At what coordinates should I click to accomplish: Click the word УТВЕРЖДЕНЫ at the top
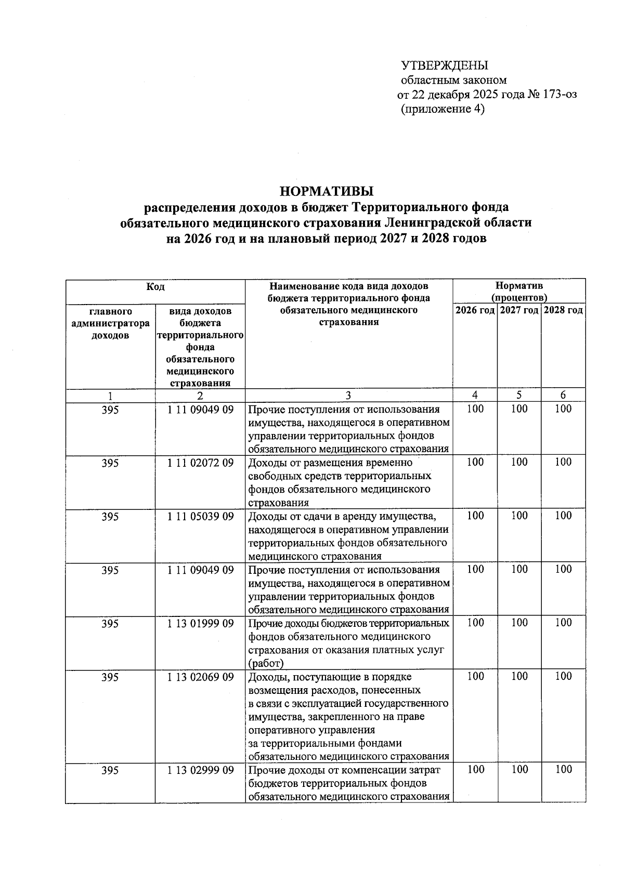444,65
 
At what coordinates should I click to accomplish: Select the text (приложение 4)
443,109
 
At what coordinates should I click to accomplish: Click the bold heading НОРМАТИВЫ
327,191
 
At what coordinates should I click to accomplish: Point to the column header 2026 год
475,311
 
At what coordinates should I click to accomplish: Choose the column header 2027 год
519,311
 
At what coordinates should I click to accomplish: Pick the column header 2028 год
563,311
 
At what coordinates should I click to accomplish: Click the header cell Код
155,286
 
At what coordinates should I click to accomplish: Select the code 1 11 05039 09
200,517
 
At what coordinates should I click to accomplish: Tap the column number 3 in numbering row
348,396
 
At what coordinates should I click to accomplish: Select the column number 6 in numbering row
563,395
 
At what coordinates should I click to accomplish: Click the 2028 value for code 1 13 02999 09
563,770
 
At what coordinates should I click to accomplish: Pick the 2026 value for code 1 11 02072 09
475,462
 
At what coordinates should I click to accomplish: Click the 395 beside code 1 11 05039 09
110,517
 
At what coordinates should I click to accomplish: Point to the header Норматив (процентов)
519,292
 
